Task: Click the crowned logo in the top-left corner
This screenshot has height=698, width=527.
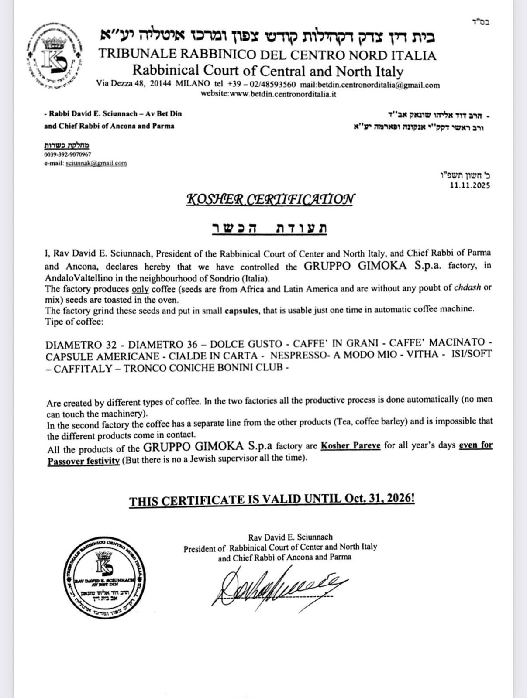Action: tap(54, 58)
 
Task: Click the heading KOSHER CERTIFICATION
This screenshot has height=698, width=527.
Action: tap(270, 199)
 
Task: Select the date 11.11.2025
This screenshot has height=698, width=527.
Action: tap(470, 185)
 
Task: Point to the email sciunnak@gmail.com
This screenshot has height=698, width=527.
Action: tap(96, 163)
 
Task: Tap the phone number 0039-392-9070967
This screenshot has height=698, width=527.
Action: tap(68, 154)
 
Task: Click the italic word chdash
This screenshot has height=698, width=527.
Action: tap(469, 287)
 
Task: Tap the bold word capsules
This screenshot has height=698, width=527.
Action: tap(243, 309)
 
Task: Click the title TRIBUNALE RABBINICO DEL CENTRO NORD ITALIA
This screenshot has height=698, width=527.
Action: tap(267, 55)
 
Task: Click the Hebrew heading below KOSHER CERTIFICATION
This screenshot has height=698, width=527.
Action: tap(269, 228)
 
